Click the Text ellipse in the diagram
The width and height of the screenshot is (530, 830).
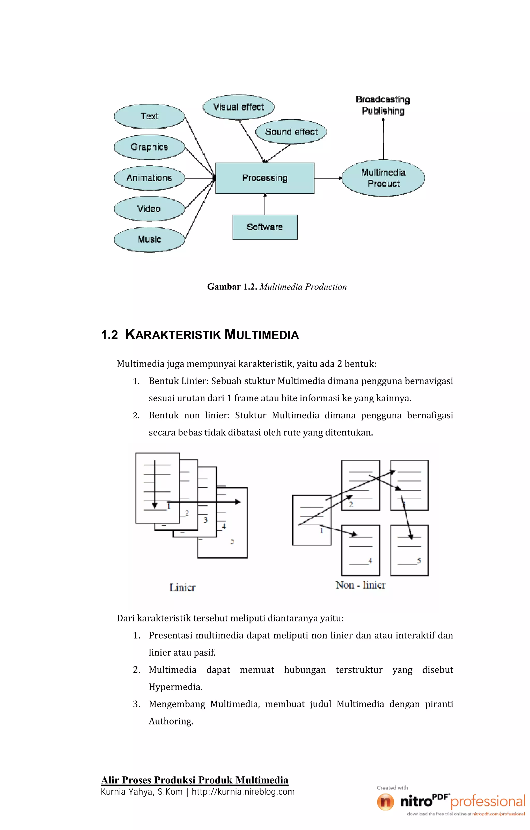[x=149, y=116]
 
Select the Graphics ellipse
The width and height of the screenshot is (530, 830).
[x=149, y=147]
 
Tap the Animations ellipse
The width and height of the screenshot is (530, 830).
[x=149, y=178]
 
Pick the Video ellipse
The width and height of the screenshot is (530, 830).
[x=149, y=209]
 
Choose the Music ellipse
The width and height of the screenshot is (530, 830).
[x=149, y=239]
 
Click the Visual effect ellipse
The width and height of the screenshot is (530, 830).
[x=238, y=107]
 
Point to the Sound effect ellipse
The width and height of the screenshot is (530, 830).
[x=291, y=132]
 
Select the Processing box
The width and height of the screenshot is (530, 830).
[x=264, y=178]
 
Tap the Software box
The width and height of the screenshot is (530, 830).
[x=264, y=227]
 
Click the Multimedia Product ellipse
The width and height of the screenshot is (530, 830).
[x=383, y=178]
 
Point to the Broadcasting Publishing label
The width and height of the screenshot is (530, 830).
[x=383, y=105]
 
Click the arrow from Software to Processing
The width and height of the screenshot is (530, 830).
[x=265, y=204]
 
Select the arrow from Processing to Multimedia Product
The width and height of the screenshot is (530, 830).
[x=328, y=178]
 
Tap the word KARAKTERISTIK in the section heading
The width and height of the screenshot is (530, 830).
[x=173, y=335]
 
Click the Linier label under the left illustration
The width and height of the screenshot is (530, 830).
[x=182, y=588]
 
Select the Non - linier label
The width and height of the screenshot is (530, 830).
[x=360, y=585]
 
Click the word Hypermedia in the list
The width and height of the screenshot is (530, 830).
[x=175, y=687]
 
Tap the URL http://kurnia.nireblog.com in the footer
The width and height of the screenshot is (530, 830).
[x=243, y=792]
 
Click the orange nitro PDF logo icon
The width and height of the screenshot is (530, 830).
[x=385, y=802]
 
